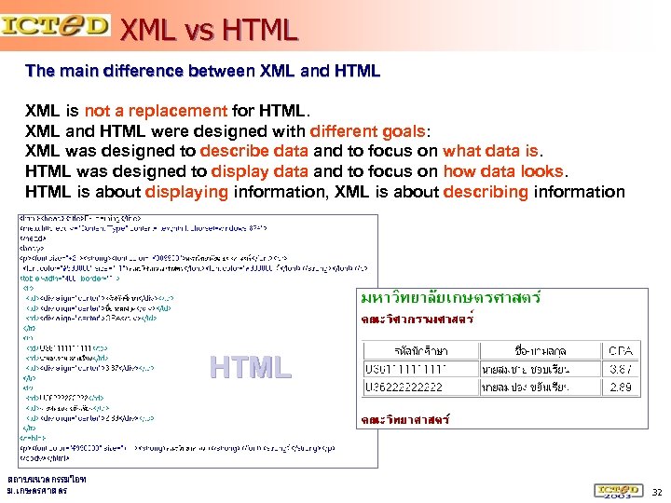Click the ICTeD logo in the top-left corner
(x=55, y=24)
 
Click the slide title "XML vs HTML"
(x=209, y=30)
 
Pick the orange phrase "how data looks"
(x=502, y=171)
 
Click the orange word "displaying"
(x=186, y=192)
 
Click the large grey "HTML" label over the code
(x=251, y=368)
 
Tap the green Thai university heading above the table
(x=451, y=298)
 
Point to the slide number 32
(x=656, y=491)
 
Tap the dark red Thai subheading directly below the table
(x=405, y=420)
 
